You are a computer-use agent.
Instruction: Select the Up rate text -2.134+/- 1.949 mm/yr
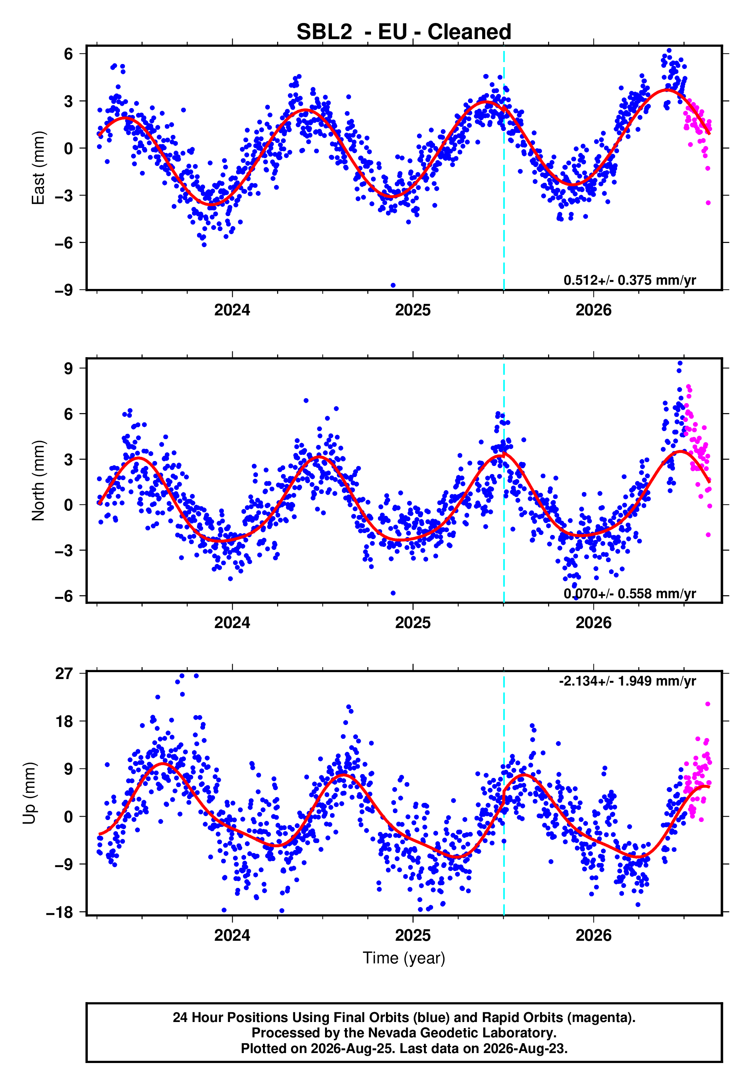[627, 681]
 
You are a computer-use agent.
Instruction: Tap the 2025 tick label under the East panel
[413, 310]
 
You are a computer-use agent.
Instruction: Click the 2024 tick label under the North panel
[232, 623]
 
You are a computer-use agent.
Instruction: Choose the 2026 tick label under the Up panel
[593, 935]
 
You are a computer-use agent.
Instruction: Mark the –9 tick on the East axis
[64, 290]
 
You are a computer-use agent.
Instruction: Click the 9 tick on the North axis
[69, 368]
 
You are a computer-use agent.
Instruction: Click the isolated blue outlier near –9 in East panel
[393, 285]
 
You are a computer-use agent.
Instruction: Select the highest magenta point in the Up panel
[708, 704]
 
